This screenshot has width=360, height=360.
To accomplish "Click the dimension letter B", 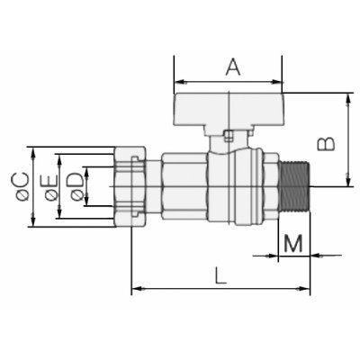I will click(328, 141).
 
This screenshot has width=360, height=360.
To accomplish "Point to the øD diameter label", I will click(75, 186).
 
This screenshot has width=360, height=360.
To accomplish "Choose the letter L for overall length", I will click(220, 276).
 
